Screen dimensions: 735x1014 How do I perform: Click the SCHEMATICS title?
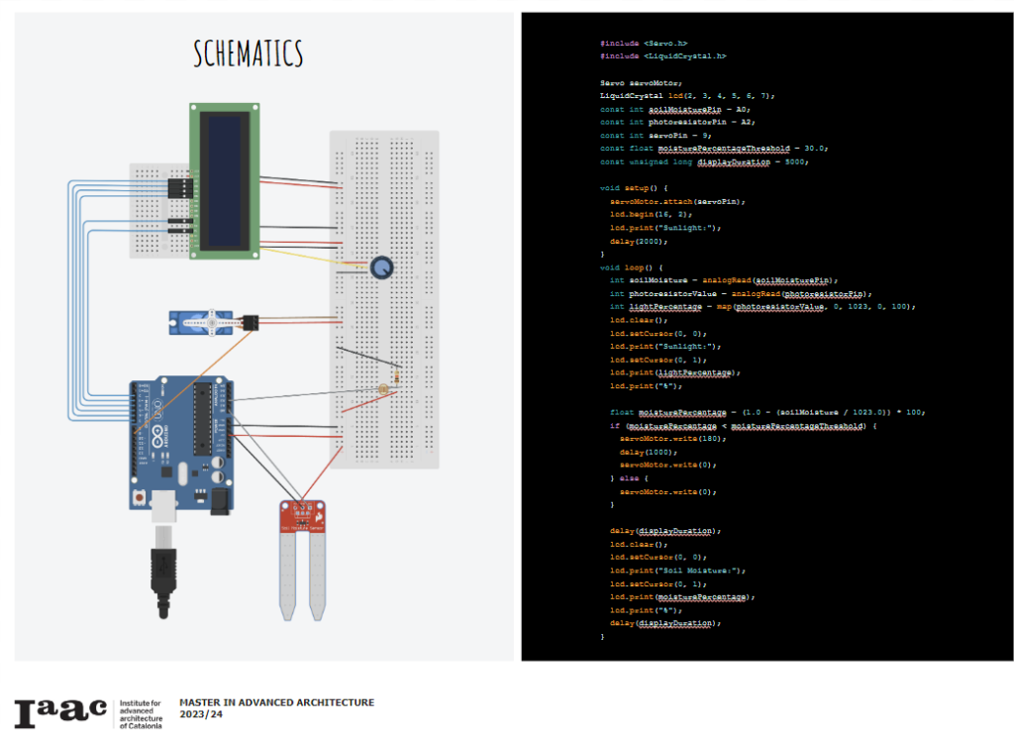pyautogui.click(x=249, y=53)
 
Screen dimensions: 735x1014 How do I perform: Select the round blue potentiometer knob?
pyautogui.click(x=381, y=267)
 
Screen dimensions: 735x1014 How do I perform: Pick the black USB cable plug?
pyautogui.click(x=160, y=579)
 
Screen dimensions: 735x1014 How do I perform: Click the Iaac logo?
pyautogui.click(x=60, y=711)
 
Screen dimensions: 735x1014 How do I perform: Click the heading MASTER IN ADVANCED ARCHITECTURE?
pyautogui.click(x=276, y=702)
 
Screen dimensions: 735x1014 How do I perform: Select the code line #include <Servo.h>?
pyautogui.click(x=644, y=43)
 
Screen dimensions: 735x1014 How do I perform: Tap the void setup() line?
pyautogui.click(x=635, y=187)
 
